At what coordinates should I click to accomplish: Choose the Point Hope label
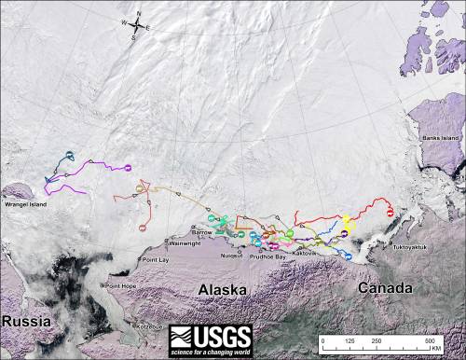click(122, 285)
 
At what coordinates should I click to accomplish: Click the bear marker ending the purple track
click(128, 168)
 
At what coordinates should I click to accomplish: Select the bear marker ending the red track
click(389, 211)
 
